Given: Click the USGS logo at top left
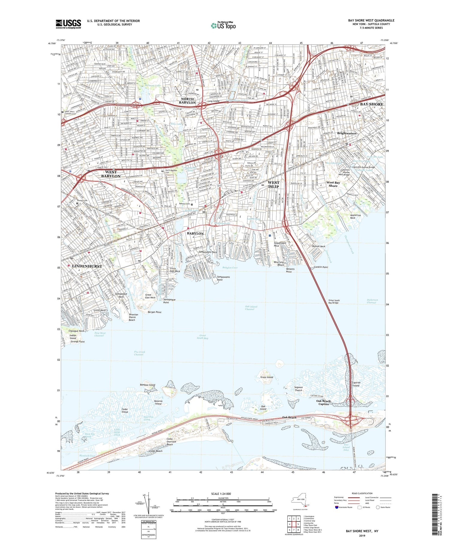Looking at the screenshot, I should [x=68, y=24].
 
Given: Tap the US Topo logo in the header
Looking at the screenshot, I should [x=223, y=25].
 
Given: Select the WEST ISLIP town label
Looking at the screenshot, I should [x=273, y=184].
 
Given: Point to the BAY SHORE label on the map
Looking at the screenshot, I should [x=371, y=104].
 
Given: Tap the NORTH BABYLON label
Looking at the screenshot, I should [x=187, y=101].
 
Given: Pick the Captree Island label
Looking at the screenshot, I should [x=356, y=384].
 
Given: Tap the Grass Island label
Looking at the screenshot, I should [x=267, y=377].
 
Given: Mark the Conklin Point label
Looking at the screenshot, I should [x=321, y=267].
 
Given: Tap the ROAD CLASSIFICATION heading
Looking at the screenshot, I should [x=362, y=493].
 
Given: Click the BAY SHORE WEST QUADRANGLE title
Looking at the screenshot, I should [x=371, y=20].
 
